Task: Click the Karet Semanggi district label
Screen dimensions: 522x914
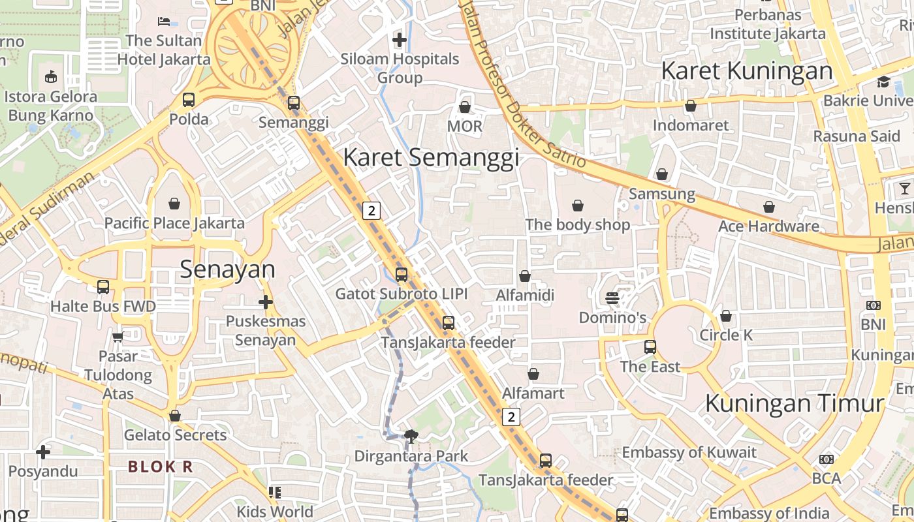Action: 431,157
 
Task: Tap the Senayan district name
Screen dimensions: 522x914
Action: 227,269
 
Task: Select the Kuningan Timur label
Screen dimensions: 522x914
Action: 795,403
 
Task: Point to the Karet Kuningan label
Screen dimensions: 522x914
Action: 747,70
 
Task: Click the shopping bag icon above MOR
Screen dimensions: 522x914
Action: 465,106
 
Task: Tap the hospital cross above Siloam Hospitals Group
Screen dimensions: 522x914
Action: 400,40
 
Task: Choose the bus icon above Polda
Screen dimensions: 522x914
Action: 189,100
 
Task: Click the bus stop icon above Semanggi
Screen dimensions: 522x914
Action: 294,102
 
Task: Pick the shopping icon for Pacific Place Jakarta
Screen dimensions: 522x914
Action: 174,204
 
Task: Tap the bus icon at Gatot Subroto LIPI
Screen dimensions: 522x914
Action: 402,275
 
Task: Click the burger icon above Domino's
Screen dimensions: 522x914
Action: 612,298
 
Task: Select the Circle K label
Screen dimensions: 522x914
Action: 726,335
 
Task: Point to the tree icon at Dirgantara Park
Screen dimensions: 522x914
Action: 411,436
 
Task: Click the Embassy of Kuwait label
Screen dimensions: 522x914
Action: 689,452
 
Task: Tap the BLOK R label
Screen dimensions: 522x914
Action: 161,467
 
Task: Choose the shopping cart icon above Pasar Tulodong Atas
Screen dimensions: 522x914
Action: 118,337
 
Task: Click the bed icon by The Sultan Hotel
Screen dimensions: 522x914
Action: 164,22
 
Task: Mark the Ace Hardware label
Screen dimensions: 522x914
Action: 768,226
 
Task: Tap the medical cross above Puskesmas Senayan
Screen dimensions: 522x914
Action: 265,302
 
